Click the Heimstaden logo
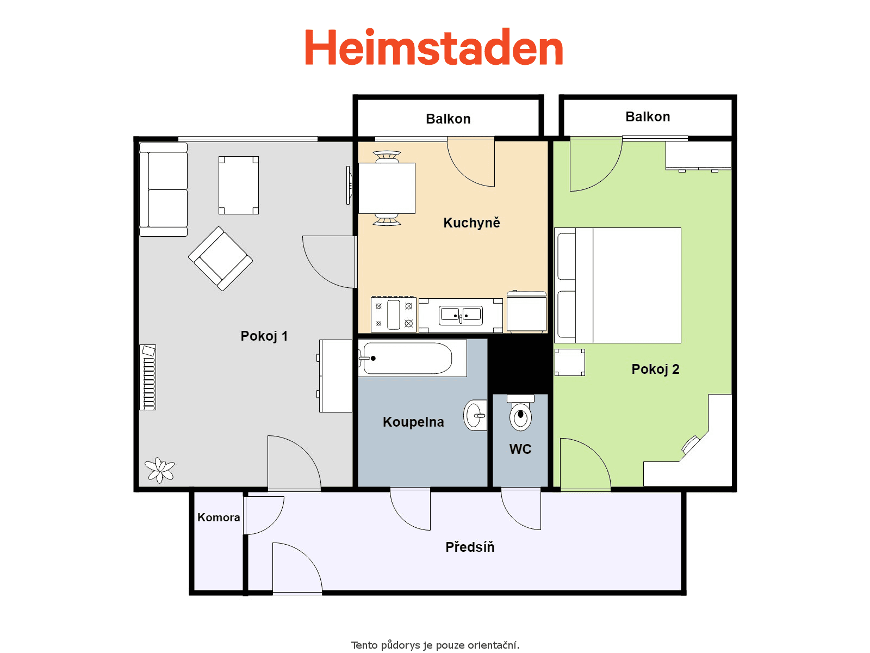click(x=434, y=48)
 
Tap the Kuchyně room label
click(x=471, y=223)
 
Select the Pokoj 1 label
click(x=264, y=336)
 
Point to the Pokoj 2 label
click(x=655, y=369)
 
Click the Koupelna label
click(x=413, y=422)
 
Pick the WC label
click(x=520, y=449)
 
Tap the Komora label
click(x=219, y=518)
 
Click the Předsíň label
click(x=470, y=547)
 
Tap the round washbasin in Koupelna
click(x=475, y=416)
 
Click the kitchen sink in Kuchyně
click(x=461, y=315)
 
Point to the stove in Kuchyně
click(x=394, y=315)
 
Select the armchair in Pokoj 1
click(x=220, y=258)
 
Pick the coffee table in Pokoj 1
click(x=239, y=185)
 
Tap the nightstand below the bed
click(x=570, y=362)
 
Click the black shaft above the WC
click(x=520, y=364)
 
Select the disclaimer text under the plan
click(x=435, y=645)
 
